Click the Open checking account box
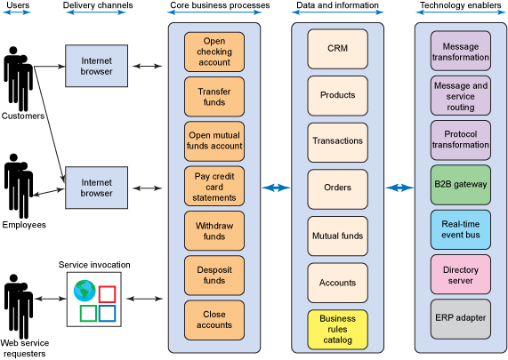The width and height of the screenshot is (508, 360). pos(214,52)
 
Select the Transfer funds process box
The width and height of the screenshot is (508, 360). pos(214,97)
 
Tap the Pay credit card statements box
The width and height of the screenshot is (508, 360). pos(214,187)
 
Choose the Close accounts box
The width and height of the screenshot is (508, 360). pos(214,320)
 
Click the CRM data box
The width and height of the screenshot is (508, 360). pos(337,49)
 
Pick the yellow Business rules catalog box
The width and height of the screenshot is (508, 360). pos(337,330)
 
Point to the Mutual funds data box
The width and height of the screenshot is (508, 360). pos(337,236)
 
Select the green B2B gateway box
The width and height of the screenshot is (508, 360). pos(460,185)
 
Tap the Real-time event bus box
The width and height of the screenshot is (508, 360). pos(460,229)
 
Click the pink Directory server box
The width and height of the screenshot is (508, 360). pos(460,275)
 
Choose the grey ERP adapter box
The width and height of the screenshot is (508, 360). pos(460,319)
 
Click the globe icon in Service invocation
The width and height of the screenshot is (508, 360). pos(85,291)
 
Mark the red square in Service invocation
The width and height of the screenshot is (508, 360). pos(107,294)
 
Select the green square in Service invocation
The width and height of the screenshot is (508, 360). pos(88,314)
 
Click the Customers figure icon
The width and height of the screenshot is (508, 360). pos(18,79)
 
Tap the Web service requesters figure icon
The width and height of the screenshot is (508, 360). pos(19,307)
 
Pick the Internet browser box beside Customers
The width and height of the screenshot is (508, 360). pos(97,66)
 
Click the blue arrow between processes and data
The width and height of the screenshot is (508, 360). pos(276,188)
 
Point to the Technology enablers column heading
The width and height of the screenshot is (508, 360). pos(460,5)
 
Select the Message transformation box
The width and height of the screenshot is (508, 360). pos(460,51)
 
